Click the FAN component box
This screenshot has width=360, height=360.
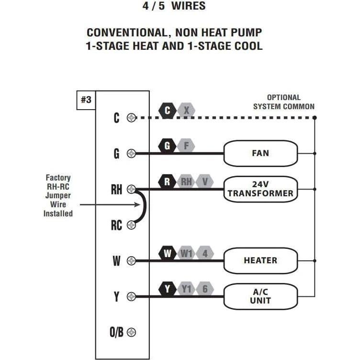pos(260,154)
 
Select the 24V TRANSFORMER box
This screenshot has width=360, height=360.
pos(260,189)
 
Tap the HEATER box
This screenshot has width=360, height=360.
pos(260,260)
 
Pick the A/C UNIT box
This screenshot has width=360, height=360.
pos(260,296)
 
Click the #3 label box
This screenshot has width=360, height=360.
pos(86,100)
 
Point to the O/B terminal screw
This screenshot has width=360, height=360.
pos(131,332)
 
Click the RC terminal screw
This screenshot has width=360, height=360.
pos(131,225)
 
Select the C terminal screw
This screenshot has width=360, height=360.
pos(131,118)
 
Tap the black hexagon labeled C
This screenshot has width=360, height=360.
pos(168,111)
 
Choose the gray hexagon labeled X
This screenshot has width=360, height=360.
pos(186,111)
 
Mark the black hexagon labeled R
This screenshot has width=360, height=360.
pos(168,182)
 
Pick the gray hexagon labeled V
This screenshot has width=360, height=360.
pos(205,182)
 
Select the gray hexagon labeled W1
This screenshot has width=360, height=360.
pos(186,253)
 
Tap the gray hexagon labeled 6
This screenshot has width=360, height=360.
pos(205,289)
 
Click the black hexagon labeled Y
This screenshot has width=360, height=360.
pos(168,289)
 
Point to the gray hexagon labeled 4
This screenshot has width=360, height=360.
pos(205,253)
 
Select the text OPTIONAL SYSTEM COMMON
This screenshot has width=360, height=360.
pos(283,102)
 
